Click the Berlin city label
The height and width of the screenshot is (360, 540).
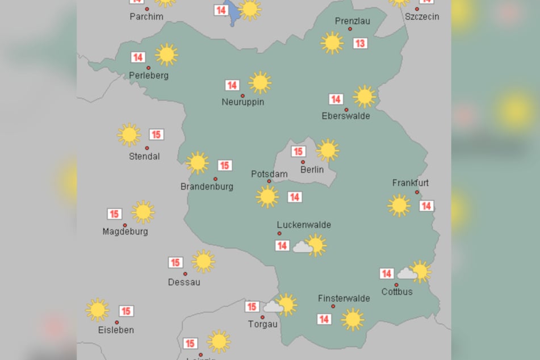click(x=312, y=169)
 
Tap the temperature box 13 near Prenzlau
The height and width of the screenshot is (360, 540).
click(x=360, y=43)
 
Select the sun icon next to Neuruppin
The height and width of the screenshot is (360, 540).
click(x=260, y=82)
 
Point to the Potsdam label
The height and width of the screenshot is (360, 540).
click(x=269, y=174)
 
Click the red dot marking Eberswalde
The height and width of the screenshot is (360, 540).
click(x=346, y=110)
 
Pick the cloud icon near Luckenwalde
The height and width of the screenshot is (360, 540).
click(x=302, y=247)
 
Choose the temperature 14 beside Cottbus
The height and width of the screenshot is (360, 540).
click(x=387, y=274)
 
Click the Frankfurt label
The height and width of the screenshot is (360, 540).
click(x=410, y=183)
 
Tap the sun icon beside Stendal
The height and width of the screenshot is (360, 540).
click(x=129, y=135)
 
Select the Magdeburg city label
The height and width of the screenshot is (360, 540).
click(x=125, y=232)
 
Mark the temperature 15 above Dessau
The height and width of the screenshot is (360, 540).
click(x=175, y=262)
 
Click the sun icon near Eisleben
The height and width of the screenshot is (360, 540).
click(x=97, y=310)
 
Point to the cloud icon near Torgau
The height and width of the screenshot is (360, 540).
click(x=273, y=307)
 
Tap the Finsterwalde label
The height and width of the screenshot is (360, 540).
click(x=344, y=298)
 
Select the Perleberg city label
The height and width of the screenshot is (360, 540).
click(x=149, y=76)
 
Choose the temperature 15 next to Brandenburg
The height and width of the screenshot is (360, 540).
click(x=224, y=165)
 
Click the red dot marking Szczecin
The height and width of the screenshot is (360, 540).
click(x=417, y=9)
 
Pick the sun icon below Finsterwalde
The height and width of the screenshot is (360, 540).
click(x=352, y=319)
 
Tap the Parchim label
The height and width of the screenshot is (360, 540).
click(x=146, y=16)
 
